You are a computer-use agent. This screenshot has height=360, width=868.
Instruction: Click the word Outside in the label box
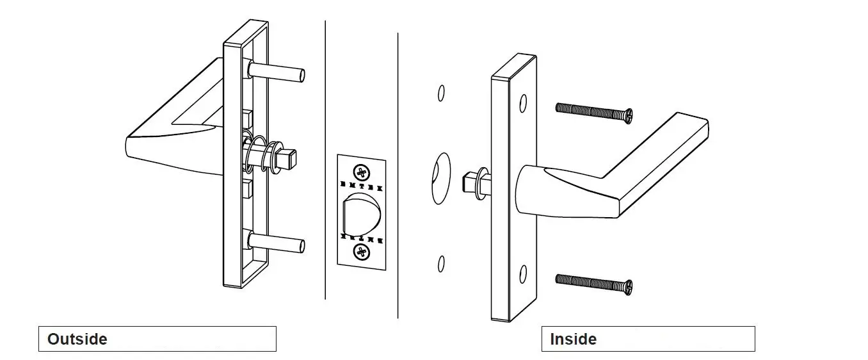click(x=77, y=339)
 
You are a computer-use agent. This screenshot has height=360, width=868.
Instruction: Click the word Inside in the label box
click(x=573, y=339)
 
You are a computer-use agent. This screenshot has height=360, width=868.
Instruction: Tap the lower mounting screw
click(x=593, y=282)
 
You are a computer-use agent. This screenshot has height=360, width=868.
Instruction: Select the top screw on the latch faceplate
click(x=362, y=172)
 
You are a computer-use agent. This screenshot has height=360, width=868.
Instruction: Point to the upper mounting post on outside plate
click(x=278, y=71)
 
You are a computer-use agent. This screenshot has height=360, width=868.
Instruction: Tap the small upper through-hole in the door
click(x=441, y=93)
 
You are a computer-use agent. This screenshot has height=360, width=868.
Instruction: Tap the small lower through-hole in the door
click(x=441, y=263)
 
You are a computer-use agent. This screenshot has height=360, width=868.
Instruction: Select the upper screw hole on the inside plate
click(x=523, y=102)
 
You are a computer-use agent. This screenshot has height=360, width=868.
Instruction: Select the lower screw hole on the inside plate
click(x=523, y=274)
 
